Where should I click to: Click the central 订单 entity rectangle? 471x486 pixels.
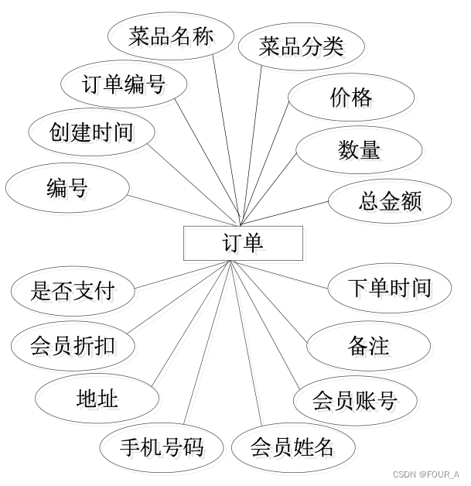[x=242, y=243]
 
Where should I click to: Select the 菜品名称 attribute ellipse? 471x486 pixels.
[x=170, y=37]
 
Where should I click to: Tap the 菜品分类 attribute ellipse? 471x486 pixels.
[x=301, y=46]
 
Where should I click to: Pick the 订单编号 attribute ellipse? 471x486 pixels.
[x=124, y=84]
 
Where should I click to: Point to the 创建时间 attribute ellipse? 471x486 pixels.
[x=90, y=132]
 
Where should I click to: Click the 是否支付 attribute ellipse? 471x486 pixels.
[x=73, y=292]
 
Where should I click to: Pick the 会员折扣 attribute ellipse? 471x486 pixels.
[x=73, y=344]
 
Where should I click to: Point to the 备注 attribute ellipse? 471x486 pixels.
[x=368, y=346]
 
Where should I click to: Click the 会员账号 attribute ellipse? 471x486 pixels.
[x=355, y=401]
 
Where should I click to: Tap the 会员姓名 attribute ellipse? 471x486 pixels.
[x=292, y=447]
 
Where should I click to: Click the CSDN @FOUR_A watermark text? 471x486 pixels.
[x=425, y=474]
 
